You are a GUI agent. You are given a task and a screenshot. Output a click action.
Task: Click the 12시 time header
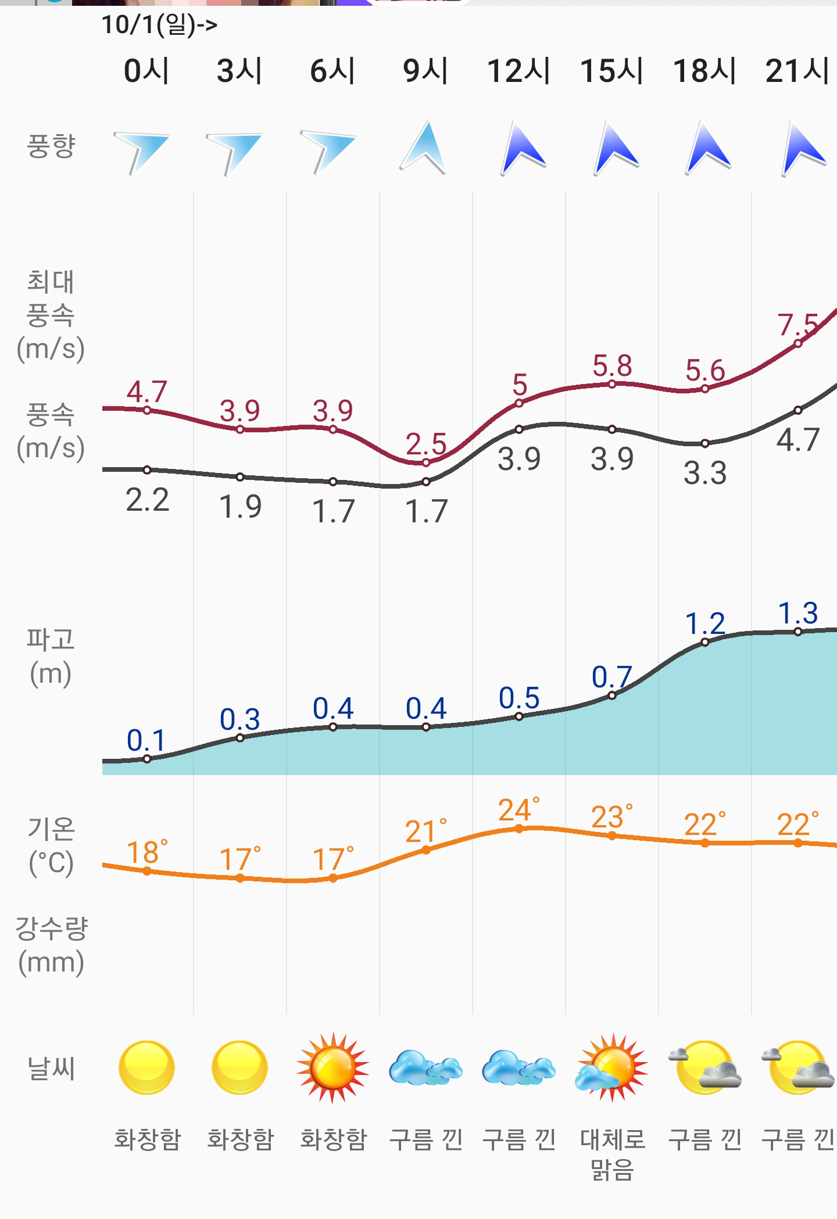[518, 71]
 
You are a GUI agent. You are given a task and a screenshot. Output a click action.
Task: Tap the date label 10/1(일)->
[159, 24]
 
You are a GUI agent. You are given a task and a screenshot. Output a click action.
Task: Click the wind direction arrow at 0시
[143, 151]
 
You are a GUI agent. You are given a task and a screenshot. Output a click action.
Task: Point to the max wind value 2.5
[425, 444]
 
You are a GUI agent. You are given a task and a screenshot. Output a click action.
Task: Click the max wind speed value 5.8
[612, 366]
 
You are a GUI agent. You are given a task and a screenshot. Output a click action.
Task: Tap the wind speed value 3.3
[705, 473]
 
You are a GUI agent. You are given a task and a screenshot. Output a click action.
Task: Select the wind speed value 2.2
[148, 500]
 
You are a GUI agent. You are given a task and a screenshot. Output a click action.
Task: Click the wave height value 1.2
[705, 624]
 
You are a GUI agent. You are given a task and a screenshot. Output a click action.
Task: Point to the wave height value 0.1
[146, 740]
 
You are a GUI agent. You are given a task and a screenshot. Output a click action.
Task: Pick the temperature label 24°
[518, 810]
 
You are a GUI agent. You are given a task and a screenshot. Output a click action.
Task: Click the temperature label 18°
[146, 852]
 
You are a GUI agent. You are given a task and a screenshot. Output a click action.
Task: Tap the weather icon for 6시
[332, 1068]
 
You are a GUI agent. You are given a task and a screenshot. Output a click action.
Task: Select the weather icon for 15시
[611, 1068]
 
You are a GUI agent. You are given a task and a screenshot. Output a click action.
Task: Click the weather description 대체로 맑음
[612, 1154]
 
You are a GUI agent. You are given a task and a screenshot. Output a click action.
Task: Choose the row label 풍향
[51, 145]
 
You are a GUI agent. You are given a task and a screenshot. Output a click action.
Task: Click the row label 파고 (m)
[51, 657]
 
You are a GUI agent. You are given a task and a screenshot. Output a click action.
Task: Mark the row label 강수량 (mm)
[51, 945]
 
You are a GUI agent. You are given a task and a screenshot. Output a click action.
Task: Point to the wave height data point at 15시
[612, 695]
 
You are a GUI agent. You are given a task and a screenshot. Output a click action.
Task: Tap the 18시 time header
[704, 71]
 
